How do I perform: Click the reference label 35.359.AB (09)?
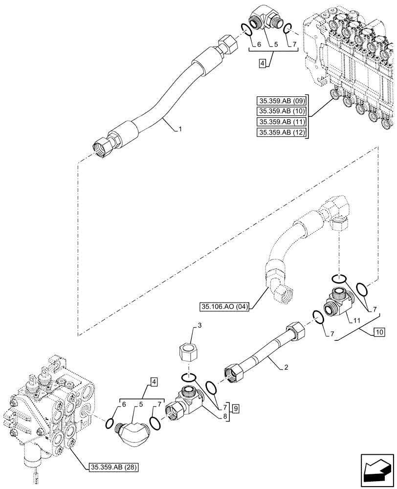[x=280, y=102]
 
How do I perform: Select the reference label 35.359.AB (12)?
[x=280, y=133]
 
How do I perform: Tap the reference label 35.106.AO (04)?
[x=224, y=307]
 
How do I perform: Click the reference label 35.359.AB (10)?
[x=280, y=112]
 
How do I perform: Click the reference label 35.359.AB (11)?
[x=280, y=123]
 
